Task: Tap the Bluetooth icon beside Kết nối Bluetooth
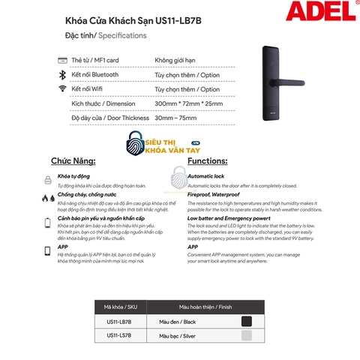tap(63, 74)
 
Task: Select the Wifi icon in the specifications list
tap(63, 88)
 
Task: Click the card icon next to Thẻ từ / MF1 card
tap(63, 60)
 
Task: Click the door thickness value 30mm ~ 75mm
tap(177, 118)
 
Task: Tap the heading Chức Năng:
tap(72, 161)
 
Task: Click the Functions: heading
tap(208, 161)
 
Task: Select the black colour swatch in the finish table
tap(247, 321)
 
